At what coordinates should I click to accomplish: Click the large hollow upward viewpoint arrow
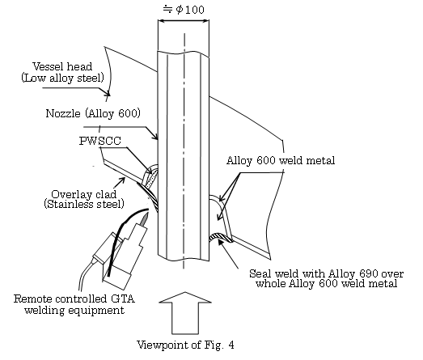tap(185, 313)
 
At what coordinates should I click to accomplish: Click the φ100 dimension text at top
tap(184, 10)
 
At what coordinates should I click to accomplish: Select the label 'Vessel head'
tap(62, 66)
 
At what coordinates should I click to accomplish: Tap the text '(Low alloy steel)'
tap(62, 78)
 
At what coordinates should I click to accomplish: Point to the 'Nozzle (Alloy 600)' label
tap(93, 113)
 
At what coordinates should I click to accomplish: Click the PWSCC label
tap(100, 141)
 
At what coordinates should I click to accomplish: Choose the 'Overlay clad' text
tap(84, 194)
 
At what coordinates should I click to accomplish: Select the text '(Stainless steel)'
tap(84, 204)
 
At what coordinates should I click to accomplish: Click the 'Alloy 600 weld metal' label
tap(281, 160)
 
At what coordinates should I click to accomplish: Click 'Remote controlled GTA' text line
tap(74, 299)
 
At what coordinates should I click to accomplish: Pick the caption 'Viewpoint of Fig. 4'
tap(185, 345)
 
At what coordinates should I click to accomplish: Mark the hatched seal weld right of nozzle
tap(221, 237)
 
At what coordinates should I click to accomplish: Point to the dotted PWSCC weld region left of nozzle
tap(151, 178)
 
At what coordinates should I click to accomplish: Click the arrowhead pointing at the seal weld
tap(221, 241)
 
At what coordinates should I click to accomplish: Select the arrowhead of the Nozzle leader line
tap(156, 138)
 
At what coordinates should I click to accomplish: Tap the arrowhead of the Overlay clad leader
tap(122, 180)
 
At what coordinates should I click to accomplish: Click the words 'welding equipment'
tap(74, 310)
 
